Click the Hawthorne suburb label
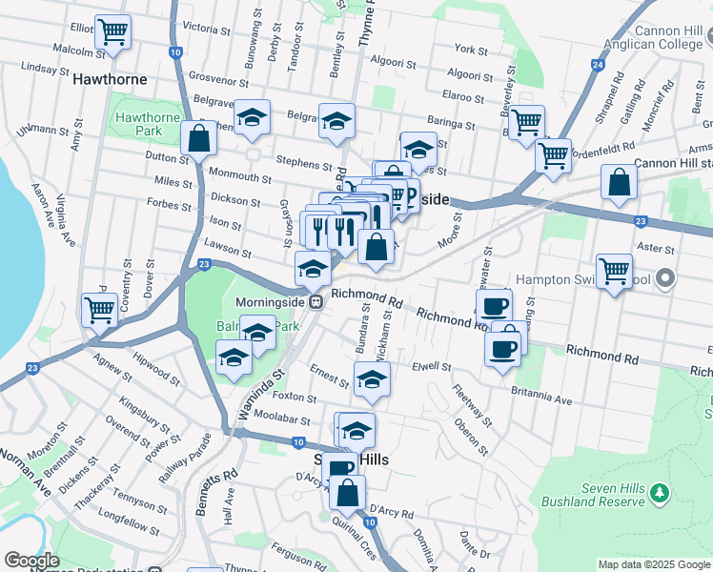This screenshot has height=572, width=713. tap(112, 79)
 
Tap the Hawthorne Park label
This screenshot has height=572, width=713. tap(147, 124)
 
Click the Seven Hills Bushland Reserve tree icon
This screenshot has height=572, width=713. tap(659, 492)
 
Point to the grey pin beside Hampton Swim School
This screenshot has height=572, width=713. tap(665, 279)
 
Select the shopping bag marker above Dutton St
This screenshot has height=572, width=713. tap(199, 138)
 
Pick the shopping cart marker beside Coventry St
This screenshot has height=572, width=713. tap(99, 309)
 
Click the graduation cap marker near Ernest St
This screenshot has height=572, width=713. tap(372, 380)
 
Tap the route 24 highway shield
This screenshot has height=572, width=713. tap(598, 65)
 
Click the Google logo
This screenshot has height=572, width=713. tap(31, 560)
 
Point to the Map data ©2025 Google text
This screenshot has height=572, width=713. tap(654, 564)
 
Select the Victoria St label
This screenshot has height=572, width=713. tap(198, 29)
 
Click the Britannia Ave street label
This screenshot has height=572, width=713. tap(540, 395)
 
